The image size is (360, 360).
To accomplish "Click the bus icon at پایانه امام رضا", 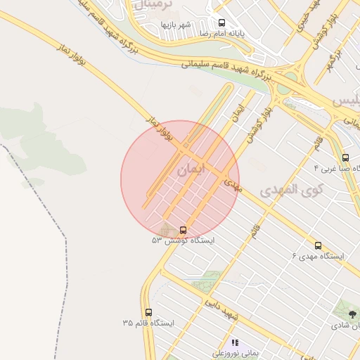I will (222, 22).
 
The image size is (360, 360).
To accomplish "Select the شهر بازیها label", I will (176, 25).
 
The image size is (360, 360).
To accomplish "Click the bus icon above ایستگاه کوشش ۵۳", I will (184, 229).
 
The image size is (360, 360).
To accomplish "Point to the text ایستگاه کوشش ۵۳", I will (183, 240).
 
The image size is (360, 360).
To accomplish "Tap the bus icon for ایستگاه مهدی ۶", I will (319, 245).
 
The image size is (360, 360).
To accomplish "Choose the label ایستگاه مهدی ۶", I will (319, 256).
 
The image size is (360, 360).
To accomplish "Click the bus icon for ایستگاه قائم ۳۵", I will (148, 312).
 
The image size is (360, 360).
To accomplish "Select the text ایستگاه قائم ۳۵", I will (148, 323).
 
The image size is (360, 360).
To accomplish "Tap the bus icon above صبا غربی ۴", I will (345, 158).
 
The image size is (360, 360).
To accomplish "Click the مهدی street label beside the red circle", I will (233, 186).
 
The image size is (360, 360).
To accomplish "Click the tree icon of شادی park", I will (352, 314).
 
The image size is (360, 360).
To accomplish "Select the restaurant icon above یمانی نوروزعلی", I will (235, 342).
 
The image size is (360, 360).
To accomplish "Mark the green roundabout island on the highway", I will (283, 89).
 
